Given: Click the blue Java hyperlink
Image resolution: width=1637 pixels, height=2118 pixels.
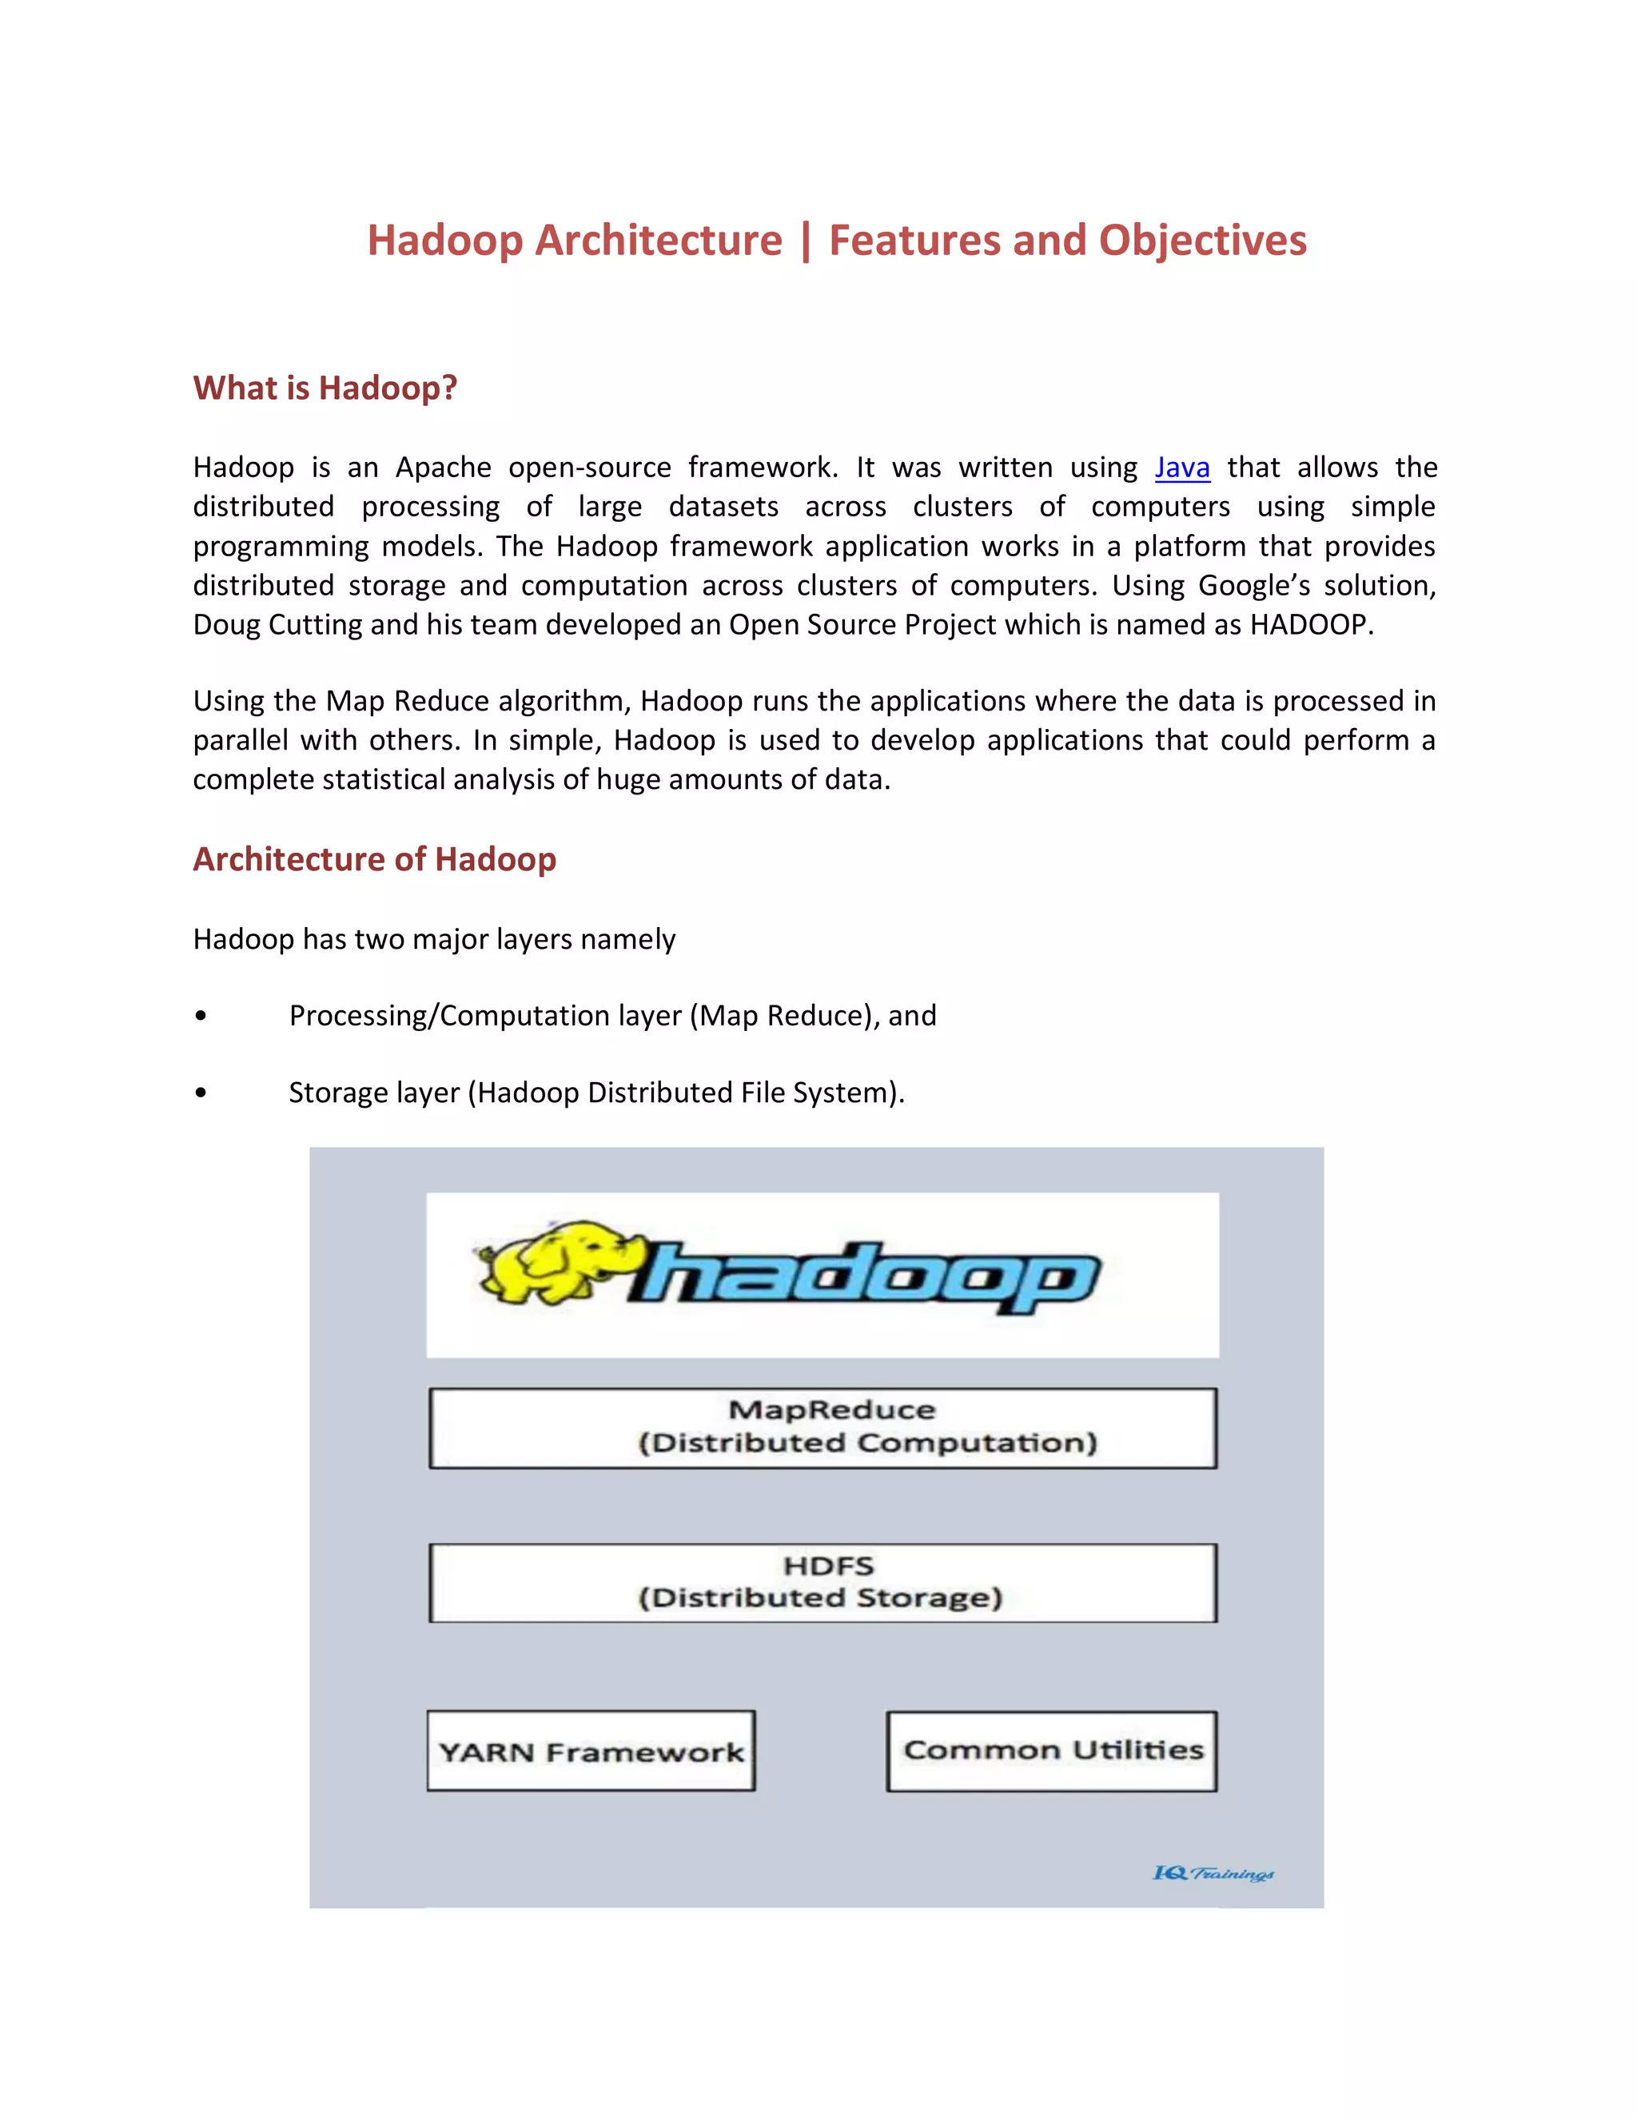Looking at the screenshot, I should (x=1181, y=468).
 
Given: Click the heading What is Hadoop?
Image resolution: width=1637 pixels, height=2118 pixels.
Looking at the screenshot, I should (x=325, y=388).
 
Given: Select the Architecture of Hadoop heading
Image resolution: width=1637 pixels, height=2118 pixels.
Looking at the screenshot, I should (x=374, y=859).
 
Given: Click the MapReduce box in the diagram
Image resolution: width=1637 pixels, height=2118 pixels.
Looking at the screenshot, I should (x=822, y=1427).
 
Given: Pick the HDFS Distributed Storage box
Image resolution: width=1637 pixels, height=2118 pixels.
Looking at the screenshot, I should (x=822, y=1582).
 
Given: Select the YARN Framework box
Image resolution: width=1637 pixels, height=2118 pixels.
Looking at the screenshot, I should (x=591, y=1751).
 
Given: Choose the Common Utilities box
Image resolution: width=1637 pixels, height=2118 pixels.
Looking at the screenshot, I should (x=1052, y=1750).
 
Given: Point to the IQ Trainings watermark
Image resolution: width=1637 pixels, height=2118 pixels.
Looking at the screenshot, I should (x=1213, y=1873).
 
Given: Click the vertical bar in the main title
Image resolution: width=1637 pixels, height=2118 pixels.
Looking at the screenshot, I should (x=806, y=241).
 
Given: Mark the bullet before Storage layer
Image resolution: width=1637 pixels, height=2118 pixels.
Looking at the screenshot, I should (x=201, y=1093).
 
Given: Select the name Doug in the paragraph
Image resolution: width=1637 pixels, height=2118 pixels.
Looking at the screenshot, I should (x=226, y=624).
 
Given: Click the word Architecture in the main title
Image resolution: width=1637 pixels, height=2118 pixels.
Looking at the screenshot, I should (x=659, y=241).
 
